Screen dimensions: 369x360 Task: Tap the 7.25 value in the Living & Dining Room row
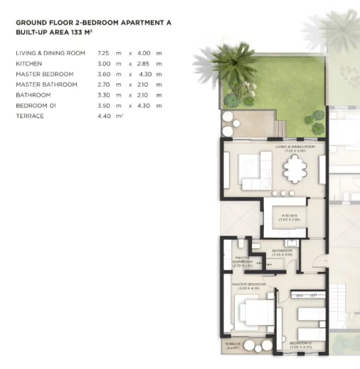103,53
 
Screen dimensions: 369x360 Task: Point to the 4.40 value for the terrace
104,116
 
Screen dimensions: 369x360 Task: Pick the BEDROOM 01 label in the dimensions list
34,105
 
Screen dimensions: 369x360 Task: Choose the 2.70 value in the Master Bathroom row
103,85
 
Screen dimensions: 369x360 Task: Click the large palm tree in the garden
230,60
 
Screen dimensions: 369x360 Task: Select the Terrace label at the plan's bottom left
233,347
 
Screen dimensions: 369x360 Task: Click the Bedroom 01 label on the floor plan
304,346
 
